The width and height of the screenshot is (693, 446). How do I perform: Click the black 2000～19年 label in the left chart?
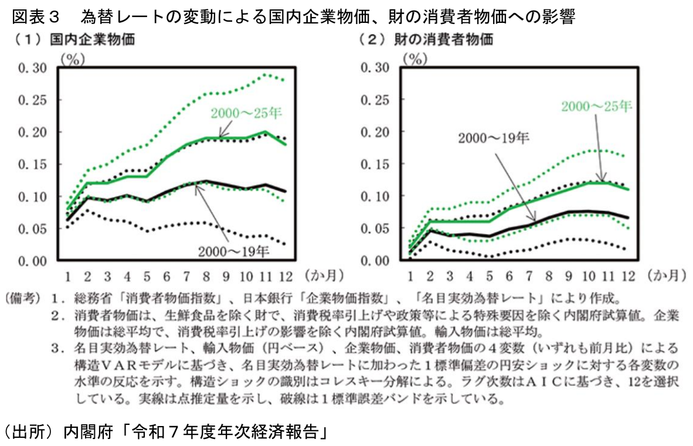click(x=233, y=251)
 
